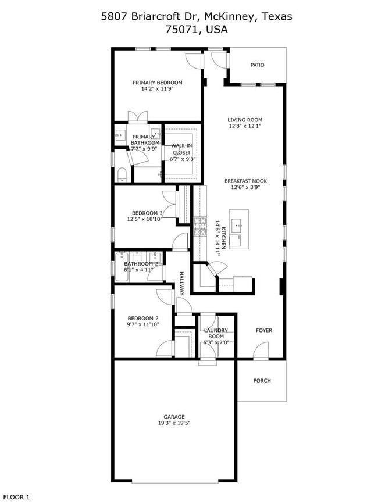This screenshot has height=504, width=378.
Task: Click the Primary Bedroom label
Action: point(157,83)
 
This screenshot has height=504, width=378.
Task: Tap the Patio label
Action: point(257,65)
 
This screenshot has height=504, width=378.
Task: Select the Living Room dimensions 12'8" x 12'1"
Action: point(244,126)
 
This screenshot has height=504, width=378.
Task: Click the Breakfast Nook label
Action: point(245,181)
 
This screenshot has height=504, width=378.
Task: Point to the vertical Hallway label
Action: point(181,284)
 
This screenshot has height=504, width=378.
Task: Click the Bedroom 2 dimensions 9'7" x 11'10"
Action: point(143,325)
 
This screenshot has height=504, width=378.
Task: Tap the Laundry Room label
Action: point(216,334)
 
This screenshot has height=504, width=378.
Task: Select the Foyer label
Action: point(264,330)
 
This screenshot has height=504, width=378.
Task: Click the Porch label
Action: point(262,381)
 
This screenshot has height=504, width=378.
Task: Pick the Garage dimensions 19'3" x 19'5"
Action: point(174,423)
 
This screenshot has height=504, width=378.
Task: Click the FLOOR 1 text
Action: point(16,497)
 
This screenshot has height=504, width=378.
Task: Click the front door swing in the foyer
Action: point(262,350)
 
